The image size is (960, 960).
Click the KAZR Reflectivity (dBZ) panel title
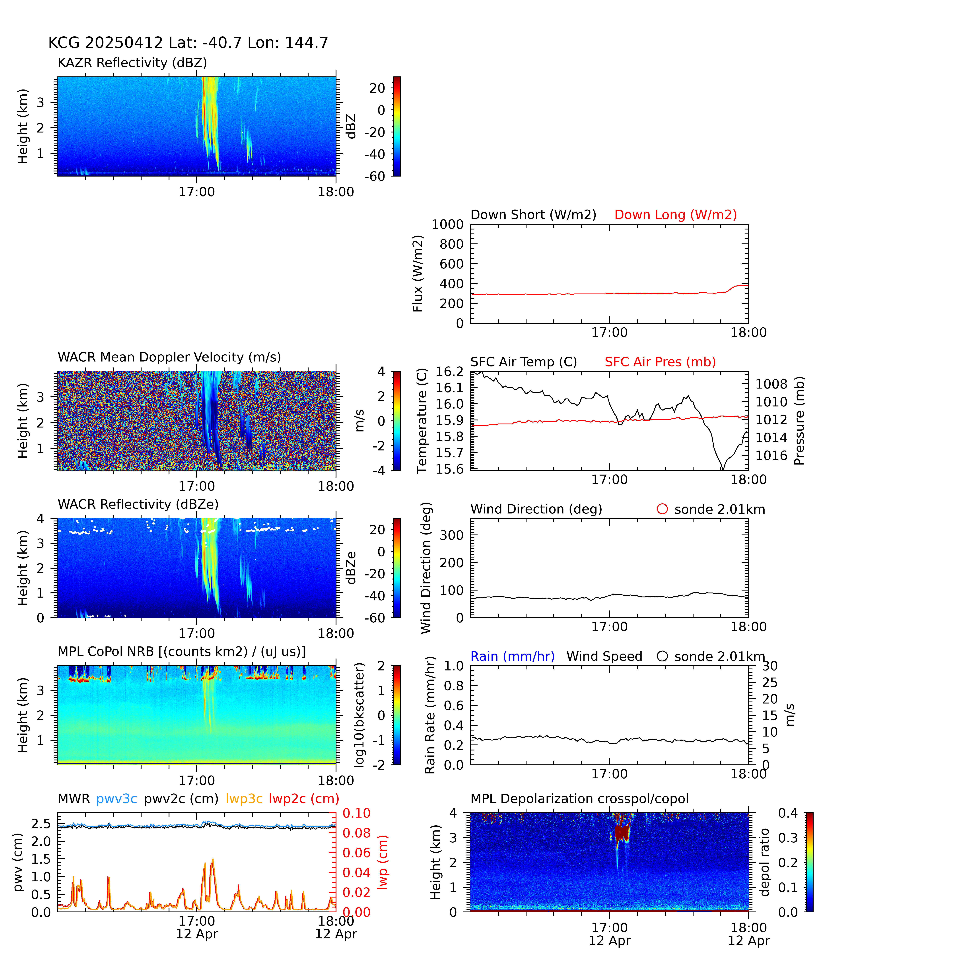132,63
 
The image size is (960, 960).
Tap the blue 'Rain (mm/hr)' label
512,656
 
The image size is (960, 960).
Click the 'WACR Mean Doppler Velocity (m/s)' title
169,357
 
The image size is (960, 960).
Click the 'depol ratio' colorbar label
764,862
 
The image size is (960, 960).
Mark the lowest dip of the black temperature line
723,469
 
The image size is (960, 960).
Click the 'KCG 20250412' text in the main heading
105,43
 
